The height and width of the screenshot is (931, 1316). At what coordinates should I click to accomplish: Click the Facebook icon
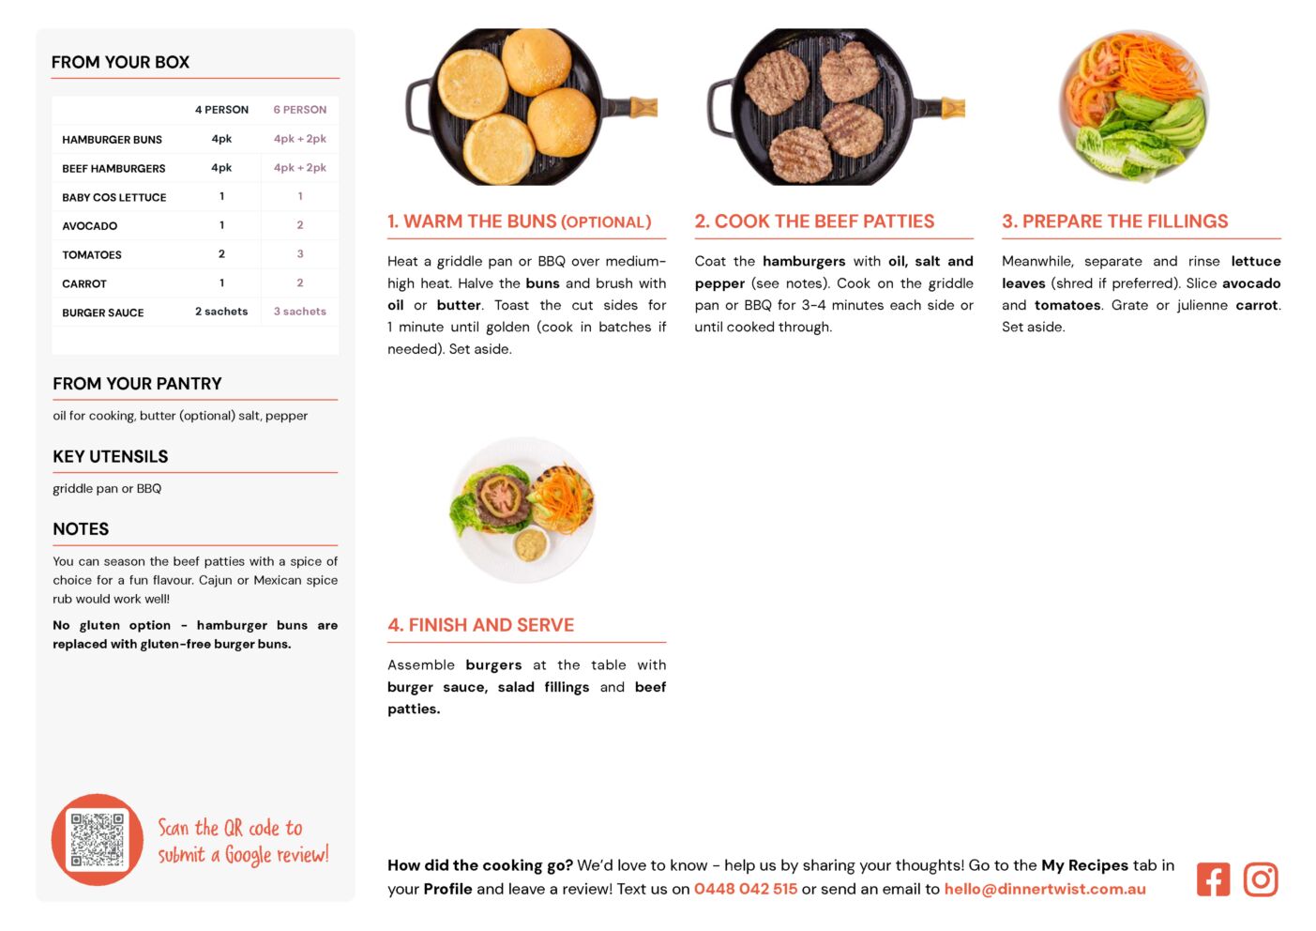1213,879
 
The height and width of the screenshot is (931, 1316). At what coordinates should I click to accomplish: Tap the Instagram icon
1261,879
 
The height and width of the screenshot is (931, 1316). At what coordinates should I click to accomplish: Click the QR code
98,840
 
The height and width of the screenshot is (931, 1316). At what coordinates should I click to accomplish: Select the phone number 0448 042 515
746,889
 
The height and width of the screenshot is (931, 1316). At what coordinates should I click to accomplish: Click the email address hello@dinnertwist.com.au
1045,889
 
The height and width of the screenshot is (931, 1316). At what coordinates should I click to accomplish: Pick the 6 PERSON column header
299,110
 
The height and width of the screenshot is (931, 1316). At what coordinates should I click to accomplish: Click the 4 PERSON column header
221,110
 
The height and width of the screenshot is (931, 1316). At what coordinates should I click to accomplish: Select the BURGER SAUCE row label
103,313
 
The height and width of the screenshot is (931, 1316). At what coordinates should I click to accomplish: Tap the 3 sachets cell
299,312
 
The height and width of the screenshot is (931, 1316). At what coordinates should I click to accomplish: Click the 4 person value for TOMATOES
221,254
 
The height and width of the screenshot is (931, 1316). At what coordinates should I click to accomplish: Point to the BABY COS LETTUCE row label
114,197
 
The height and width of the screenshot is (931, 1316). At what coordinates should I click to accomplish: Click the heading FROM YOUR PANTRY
137,384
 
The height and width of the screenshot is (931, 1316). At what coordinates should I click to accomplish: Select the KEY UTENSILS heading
111,457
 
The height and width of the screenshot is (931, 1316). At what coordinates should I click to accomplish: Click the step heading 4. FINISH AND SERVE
480,625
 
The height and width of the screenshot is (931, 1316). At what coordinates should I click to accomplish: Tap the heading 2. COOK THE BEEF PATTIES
814,221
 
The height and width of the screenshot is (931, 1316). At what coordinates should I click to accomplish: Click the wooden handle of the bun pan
643,107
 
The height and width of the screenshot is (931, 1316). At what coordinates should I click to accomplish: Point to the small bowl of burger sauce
531,545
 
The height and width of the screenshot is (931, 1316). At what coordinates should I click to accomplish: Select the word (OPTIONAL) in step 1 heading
606,222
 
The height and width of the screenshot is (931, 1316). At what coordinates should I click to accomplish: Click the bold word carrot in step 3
1257,306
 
